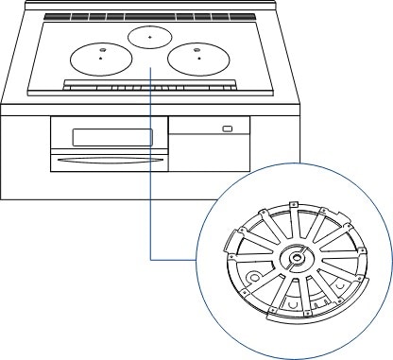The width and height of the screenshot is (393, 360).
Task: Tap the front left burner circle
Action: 99,59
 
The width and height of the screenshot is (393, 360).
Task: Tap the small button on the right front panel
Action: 226,128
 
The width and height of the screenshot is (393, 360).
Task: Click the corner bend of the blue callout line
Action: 151,257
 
